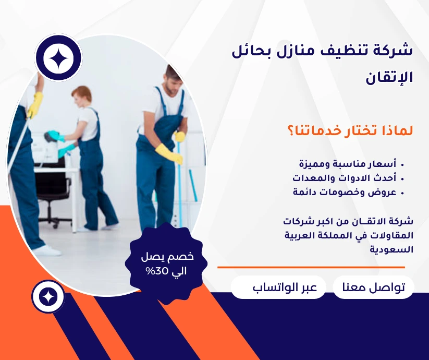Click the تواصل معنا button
click(373, 287)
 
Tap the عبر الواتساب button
click(278, 287)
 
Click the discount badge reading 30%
click(167, 263)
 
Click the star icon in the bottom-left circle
click(48, 296)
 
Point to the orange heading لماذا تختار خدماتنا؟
click(350, 130)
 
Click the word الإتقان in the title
click(389, 78)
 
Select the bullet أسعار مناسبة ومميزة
click(350, 164)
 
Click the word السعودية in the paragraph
click(391, 249)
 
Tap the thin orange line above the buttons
click(311, 267)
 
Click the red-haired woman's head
click(81, 96)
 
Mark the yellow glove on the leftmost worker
click(35, 104)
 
